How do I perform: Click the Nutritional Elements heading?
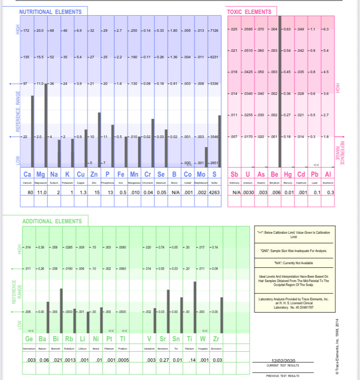[x=50, y=12]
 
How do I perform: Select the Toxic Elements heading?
[x=249, y=12]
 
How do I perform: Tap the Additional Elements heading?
[x=52, y=222]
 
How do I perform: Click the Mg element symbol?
[x=40, y=175]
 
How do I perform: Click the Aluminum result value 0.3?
[x=330, y=192]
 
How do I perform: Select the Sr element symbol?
[x=163, y=339]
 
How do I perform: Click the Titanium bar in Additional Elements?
[x=195, y=307]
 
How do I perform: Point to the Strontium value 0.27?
[x=164, y=360]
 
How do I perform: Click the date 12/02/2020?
[x=283, y=361]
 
